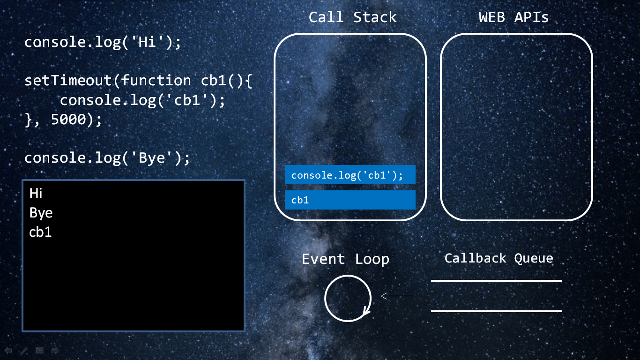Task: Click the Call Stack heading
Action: pos(352,17)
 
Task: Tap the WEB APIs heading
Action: pos(513,17)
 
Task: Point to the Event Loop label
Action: pos(345,259)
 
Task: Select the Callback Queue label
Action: pos(499,258)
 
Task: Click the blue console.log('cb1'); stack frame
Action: pos(350,175)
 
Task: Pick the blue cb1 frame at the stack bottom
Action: pos(350,200)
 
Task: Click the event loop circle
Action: pos(348,298)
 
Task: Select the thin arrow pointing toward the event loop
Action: pos(398,296)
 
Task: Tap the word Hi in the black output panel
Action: pos(36,193)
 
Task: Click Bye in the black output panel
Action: pos(41,213)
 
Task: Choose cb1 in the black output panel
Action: pos(40,232)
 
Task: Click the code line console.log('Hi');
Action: pos(102,42)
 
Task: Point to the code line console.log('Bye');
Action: pos(107,157)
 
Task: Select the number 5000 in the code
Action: pos(68,120)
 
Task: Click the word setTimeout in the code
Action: pos(68,81)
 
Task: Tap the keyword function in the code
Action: pos(156,81)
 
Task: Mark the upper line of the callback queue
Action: pos(496,281)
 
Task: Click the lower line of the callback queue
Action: pos(496,311)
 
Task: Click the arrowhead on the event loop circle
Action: pos(367,312)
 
